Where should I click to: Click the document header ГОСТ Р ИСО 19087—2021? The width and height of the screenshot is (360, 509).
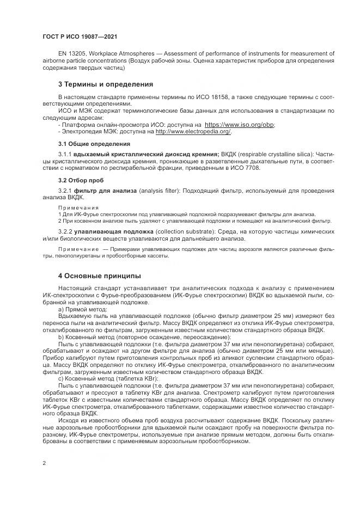coord(80,37)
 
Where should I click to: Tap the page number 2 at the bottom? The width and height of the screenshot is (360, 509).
coord(44,463)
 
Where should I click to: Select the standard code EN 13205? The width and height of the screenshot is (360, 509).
coord(73,53)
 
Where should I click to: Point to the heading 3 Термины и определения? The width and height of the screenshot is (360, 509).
coord(105,84)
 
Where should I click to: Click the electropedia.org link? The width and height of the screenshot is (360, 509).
coord(193,131)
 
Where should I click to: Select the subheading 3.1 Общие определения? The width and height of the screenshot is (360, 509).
coord(94,144)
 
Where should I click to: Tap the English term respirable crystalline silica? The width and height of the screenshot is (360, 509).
coord(270,155)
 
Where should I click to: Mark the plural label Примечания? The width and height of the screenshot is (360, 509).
coord(78,208)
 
